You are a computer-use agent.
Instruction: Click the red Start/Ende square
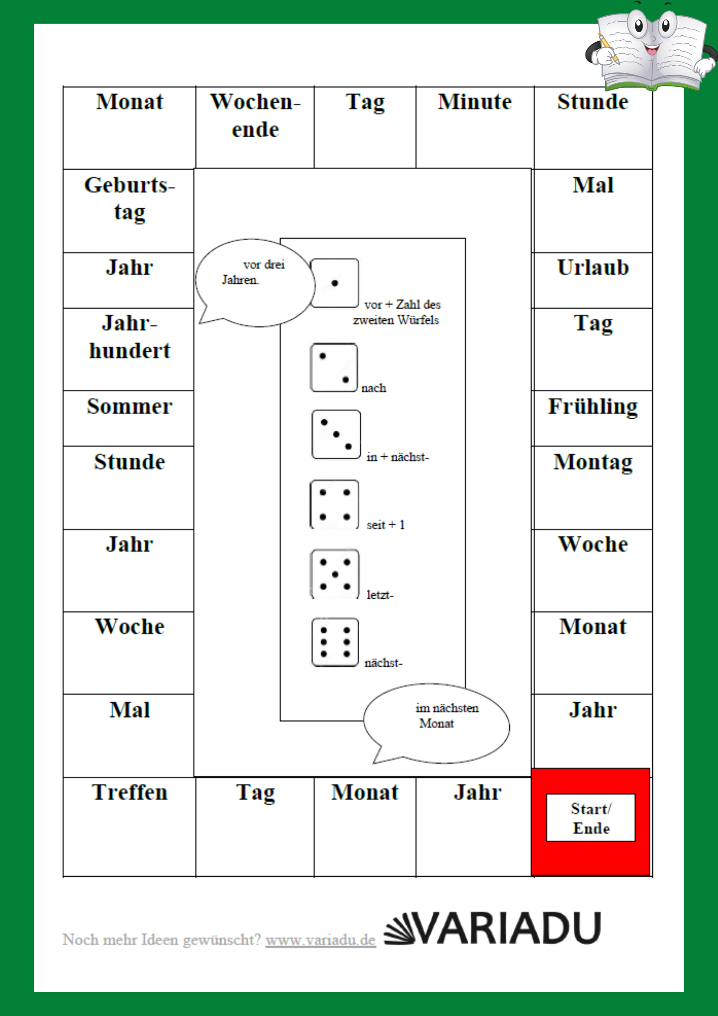[591, 822]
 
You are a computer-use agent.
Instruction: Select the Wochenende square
[255, 128]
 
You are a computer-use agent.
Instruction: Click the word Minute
[475, 101]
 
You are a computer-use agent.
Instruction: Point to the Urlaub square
[593, 281]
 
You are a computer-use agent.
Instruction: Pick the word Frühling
[593, 407]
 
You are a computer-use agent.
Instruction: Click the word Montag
[593, 463]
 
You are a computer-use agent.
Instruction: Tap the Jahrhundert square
[129, 349]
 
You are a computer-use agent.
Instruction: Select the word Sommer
[129, 406]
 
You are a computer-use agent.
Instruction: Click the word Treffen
[129, 792]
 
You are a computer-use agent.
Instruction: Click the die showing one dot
[334, 283]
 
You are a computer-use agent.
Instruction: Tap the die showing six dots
[335, 642]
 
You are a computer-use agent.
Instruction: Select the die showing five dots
[335, 574]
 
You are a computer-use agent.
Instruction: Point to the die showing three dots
[336, 434]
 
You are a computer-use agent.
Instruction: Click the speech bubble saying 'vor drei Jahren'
[255, 283]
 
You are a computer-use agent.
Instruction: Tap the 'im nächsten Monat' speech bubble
[437, 723]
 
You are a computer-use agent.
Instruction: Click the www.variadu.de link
[321, 940]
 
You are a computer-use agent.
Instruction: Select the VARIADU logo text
[492, 928]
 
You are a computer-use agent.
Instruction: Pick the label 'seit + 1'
[385, 525]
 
